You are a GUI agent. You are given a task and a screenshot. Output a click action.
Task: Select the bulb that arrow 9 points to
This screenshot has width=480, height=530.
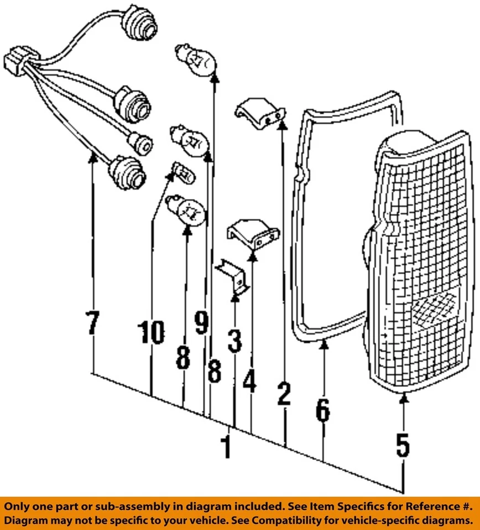click(191, 140)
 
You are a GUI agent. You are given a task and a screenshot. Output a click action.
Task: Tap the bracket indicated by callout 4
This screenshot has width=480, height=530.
click(255, 235)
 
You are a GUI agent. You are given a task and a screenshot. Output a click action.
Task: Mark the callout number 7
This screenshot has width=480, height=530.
click(92, 324)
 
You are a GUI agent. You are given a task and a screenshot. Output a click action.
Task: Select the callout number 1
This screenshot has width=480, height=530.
click(226, 446)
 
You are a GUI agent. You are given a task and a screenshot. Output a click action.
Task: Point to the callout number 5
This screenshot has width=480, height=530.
click(403, 444)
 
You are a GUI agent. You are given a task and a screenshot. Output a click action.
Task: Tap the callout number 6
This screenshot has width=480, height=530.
click(323, 410)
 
